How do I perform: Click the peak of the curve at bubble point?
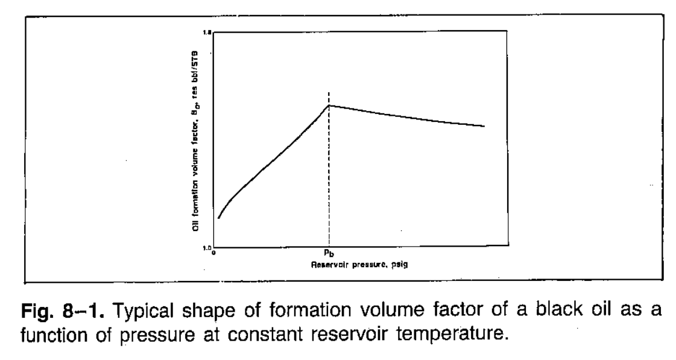329,106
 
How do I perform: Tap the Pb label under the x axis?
329,254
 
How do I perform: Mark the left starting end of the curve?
218,218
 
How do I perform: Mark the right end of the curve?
484,126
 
